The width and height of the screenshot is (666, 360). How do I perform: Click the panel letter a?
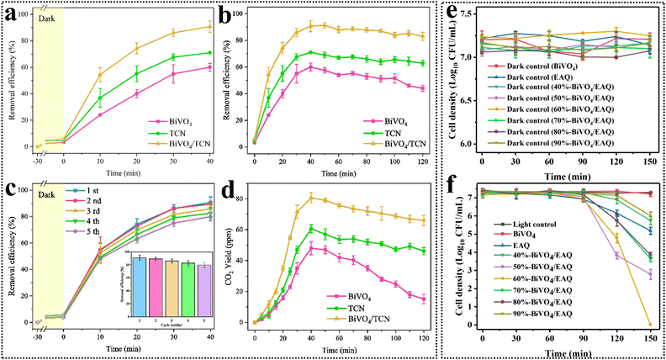(11, 17)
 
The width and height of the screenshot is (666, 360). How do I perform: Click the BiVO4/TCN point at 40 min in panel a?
(209, 27)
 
